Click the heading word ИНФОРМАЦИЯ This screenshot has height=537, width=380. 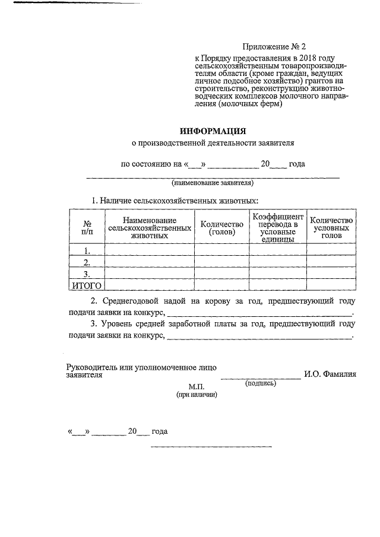click(213, 131)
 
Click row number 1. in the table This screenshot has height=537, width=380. click(87, 250)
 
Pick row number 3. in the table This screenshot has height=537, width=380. click(87, 274)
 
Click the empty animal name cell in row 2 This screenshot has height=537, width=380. click(149, 262)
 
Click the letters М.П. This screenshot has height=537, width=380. click(197, 386)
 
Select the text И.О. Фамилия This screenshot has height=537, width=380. click(330, 374)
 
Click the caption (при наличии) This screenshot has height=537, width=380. click(197, 395)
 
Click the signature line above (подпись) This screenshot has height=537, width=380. click(261, 377)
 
